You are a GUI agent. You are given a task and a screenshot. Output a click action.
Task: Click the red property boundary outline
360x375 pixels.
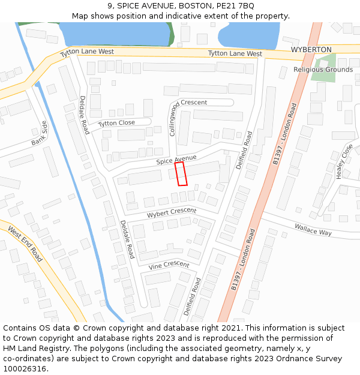(x=181, y=173)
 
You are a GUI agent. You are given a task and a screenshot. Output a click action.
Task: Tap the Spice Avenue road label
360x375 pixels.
(x=176, y=159)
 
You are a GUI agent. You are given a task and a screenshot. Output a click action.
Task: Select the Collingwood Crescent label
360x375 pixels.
(x=174, y=117)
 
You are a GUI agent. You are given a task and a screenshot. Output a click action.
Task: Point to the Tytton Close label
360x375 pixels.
(x=116, y=124)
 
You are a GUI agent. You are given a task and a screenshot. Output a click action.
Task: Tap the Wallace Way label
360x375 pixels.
(x=313, y=229)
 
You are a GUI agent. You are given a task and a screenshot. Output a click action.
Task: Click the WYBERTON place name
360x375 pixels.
(x=311, y=49)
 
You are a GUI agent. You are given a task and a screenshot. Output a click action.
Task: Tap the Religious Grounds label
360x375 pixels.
(x=323, y=70)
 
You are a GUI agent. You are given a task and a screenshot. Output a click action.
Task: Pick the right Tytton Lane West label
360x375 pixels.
(x=235, y=54)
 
